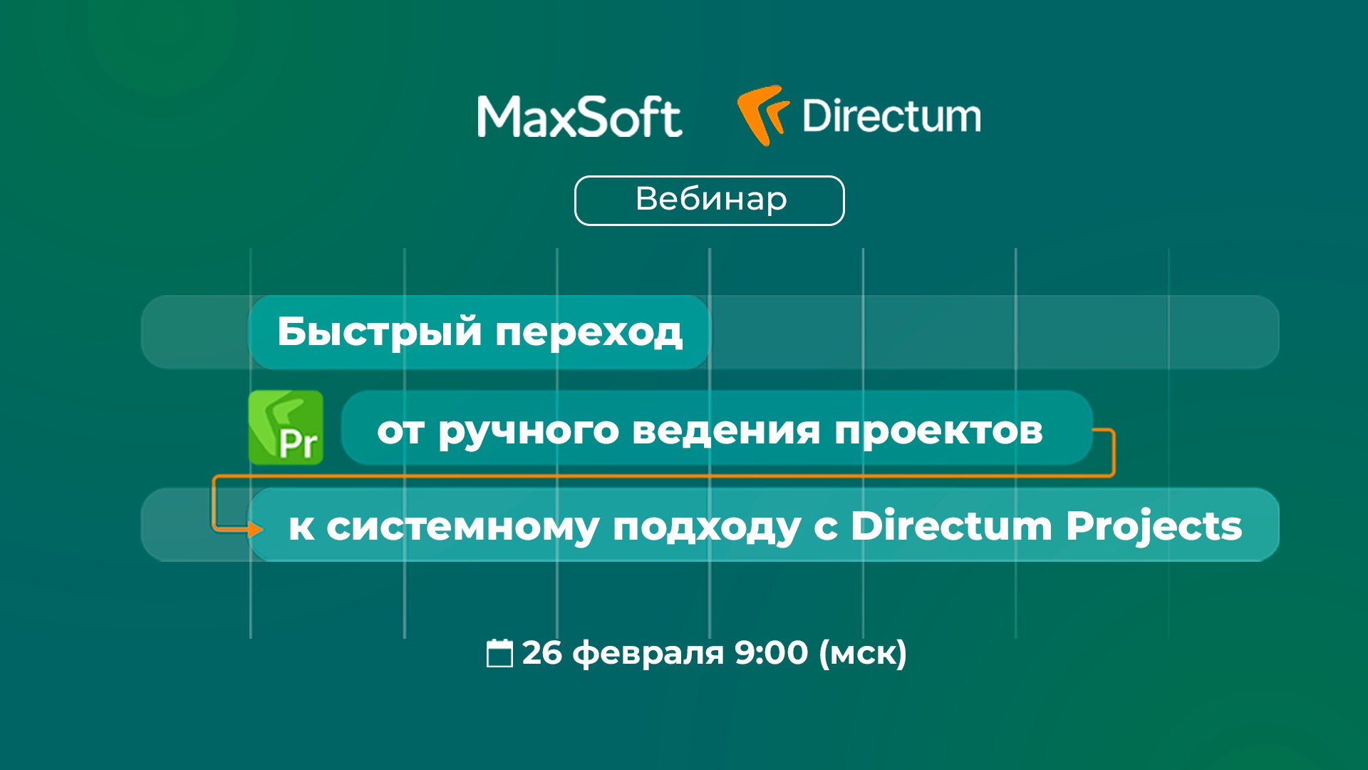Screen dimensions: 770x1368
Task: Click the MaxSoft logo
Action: click(x=579, y=117)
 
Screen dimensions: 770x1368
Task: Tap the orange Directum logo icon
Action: click(x=762, y=114)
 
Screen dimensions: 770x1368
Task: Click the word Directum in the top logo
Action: click(x=891, y=116)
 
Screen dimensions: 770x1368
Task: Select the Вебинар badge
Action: click(x=710, y=200)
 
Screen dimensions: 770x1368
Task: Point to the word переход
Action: click(x=589, y=332)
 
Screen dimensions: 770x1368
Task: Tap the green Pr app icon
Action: click(x=286, y=428)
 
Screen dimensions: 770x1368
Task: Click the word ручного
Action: click(x=528, y=431)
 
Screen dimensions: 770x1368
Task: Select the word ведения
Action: click(x=726, y=431)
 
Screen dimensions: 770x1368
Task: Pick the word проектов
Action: click(x=938, y=431)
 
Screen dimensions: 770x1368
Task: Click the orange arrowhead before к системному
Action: click(x=254, y=529)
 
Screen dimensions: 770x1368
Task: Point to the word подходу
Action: click(x=706, y=528)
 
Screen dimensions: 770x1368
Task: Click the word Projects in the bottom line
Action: click(x=1154, y=528)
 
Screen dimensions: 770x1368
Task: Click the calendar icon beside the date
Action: click(x=499, y=653)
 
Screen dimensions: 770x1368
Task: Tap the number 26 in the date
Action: click(x=541, y=653)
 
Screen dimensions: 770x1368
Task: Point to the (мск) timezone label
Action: click(x=863, y=653)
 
